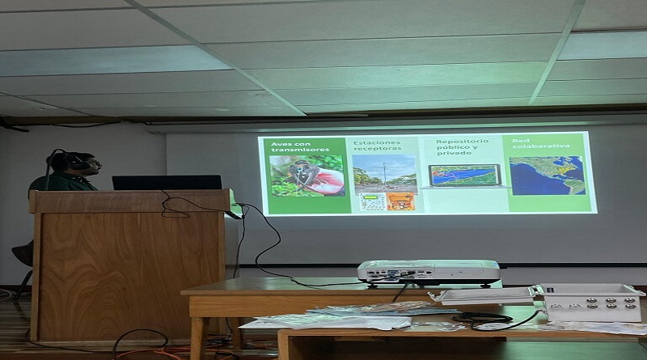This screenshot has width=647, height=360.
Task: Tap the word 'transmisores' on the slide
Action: pyautogui.click(x=300, y=150)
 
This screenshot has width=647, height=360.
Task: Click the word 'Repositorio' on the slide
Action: pyautogui.click(x=462, y=142)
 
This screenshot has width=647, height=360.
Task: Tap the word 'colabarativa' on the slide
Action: pyautogui.click(x=541, y=146)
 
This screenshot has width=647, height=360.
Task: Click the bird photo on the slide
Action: pyautogui.click(x=307, y=176)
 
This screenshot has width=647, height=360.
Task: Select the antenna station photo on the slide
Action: pyautogui.click(x=385, y=173)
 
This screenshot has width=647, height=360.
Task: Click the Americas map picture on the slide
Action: pyautogui.click(x=548, y=176)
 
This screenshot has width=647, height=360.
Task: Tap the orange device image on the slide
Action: pyautogui.click(x=400, y=202)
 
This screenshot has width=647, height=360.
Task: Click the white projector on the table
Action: pyautogui.click(x=429, y=273)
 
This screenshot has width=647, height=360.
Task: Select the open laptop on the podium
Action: pyautogui.click(x=167, y=183)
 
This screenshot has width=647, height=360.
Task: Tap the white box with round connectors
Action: pyautogui.click(x=592, y=303)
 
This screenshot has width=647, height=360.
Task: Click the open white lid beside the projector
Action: pyautogui.click(x=483, y=295)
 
